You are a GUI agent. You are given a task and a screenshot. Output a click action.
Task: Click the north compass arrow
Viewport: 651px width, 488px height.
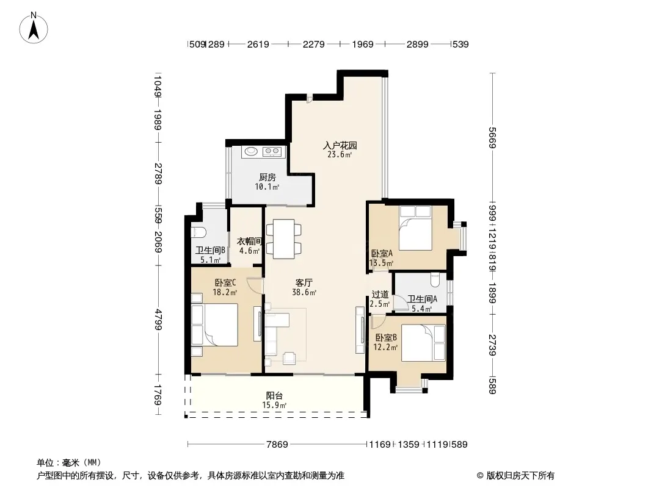click(x=34, y=29)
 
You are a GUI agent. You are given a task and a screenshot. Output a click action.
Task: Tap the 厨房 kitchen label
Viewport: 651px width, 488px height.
click(x=267, y=178)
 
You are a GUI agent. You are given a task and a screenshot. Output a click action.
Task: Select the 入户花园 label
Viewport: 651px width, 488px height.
click(x=340, y=146)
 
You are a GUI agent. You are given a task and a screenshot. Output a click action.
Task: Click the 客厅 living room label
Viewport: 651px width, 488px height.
click(x=304, y=283)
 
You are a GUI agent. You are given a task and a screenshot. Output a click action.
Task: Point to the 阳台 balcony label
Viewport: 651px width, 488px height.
click(x=274, y=396)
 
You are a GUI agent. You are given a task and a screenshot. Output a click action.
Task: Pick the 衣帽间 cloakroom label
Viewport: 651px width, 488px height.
click(x=249, y=242)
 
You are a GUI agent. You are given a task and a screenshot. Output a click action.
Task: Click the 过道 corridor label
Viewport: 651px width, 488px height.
click(x=380, y=295)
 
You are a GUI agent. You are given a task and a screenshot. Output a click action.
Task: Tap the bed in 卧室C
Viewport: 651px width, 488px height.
click(x=214, y=325)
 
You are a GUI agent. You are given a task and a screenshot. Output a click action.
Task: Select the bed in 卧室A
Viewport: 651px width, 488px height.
click(x=415, y=229)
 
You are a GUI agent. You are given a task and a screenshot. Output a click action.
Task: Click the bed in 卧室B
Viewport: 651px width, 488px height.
click(x=423, y=343)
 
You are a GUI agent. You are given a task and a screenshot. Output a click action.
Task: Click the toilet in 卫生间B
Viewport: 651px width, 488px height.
click(x=197, y=232)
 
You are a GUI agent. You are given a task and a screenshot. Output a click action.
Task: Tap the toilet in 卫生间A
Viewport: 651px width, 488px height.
click(x=435, y=280)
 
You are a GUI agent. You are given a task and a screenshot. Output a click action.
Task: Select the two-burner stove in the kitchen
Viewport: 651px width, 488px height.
click(x=272, y=152)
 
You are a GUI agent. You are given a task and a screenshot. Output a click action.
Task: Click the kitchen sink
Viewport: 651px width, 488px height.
click(x=251, y=151)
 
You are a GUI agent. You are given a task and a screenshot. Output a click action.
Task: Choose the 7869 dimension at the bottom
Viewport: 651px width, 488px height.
click(x=277, y=445)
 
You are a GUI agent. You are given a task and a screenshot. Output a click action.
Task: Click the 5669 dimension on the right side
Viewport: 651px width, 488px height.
click(x=492, y=137)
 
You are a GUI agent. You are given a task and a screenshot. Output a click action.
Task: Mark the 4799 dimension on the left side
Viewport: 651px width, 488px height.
click(x=158, y=319)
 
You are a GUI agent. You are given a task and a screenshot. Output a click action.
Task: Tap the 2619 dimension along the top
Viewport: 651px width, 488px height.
click(x=258, y=44)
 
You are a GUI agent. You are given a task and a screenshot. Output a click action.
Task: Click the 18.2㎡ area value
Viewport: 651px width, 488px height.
click(x=225, y=292)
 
